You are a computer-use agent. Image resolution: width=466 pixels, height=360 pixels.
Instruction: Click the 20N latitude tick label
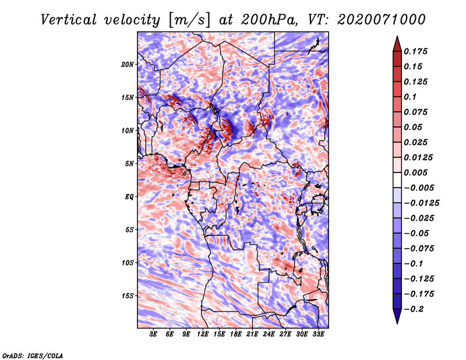coord(127,64)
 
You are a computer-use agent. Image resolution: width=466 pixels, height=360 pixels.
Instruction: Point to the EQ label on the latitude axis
coord(129,197)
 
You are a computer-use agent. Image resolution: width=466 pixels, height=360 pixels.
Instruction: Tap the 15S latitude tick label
coord(128,296)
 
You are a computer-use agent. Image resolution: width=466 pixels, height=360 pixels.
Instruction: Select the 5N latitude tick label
coord(129,164)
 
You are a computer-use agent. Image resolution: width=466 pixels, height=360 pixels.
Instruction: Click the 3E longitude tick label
coord(153,334)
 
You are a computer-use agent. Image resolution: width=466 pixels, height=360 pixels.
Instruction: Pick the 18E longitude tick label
coord(236,334)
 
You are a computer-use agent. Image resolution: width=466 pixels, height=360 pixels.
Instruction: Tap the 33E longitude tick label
coord(318,334)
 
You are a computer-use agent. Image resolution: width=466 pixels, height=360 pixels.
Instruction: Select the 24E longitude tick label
coord(269,334)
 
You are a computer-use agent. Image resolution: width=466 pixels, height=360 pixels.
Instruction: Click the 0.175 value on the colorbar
coord(415,51)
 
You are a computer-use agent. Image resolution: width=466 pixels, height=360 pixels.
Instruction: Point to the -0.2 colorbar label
coord(414,309)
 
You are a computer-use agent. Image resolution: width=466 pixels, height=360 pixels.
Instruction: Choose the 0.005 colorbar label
coord(415,172)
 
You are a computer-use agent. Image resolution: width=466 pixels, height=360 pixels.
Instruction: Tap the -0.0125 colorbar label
coord(421,203)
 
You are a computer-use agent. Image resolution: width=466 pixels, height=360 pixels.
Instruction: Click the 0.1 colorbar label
coord(410,97)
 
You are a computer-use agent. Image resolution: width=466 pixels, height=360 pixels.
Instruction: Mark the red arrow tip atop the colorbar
coord(397,37)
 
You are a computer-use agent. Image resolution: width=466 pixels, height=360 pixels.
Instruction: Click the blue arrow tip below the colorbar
coord(397,323)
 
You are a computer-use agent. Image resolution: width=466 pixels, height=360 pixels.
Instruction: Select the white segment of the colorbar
coord(397,180)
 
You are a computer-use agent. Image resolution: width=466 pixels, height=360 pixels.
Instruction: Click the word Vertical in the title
coord(69,20)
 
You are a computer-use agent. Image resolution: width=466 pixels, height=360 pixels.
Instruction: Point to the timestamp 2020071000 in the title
coord(382,20)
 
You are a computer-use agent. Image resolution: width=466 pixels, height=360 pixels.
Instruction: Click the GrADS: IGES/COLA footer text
coord(33,356)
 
